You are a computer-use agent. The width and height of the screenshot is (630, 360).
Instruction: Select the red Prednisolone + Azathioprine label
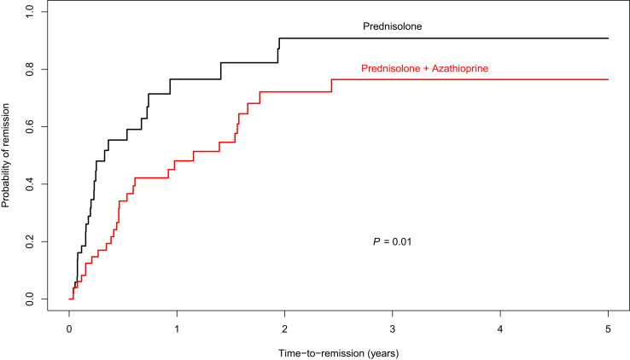click(x=424, y=67)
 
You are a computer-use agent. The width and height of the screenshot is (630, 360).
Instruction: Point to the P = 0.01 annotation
click(x=393, y=242)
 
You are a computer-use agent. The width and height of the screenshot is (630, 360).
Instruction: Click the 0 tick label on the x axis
click(x=69, y=328)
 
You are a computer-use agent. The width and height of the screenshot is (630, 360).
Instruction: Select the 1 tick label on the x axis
click(x=177, y=328)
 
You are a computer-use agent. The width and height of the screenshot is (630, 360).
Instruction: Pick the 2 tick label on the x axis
click(x=284, y=328)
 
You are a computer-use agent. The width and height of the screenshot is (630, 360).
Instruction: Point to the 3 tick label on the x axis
click(x=392, y=328)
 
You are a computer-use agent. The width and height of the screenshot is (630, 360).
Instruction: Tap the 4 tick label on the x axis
click(x=500, y=328)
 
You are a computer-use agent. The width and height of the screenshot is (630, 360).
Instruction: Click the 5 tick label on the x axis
click(x=608, y=328)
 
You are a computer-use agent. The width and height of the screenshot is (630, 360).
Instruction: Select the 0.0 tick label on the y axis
click(x=30, y=299)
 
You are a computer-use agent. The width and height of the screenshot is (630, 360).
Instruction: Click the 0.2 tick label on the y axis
click(x=30, y=242)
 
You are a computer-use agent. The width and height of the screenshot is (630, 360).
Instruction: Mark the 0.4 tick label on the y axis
click(x=30, y=184)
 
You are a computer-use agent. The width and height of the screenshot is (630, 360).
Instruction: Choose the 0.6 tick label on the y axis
click(x=30, y=126)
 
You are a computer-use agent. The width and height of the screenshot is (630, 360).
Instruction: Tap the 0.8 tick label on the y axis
click(x=30, y=69)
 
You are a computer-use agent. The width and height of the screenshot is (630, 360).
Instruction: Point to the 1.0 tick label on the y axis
click(x=30, y=12)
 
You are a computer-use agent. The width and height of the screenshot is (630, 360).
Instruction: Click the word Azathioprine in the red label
click(x=457, y=67)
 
